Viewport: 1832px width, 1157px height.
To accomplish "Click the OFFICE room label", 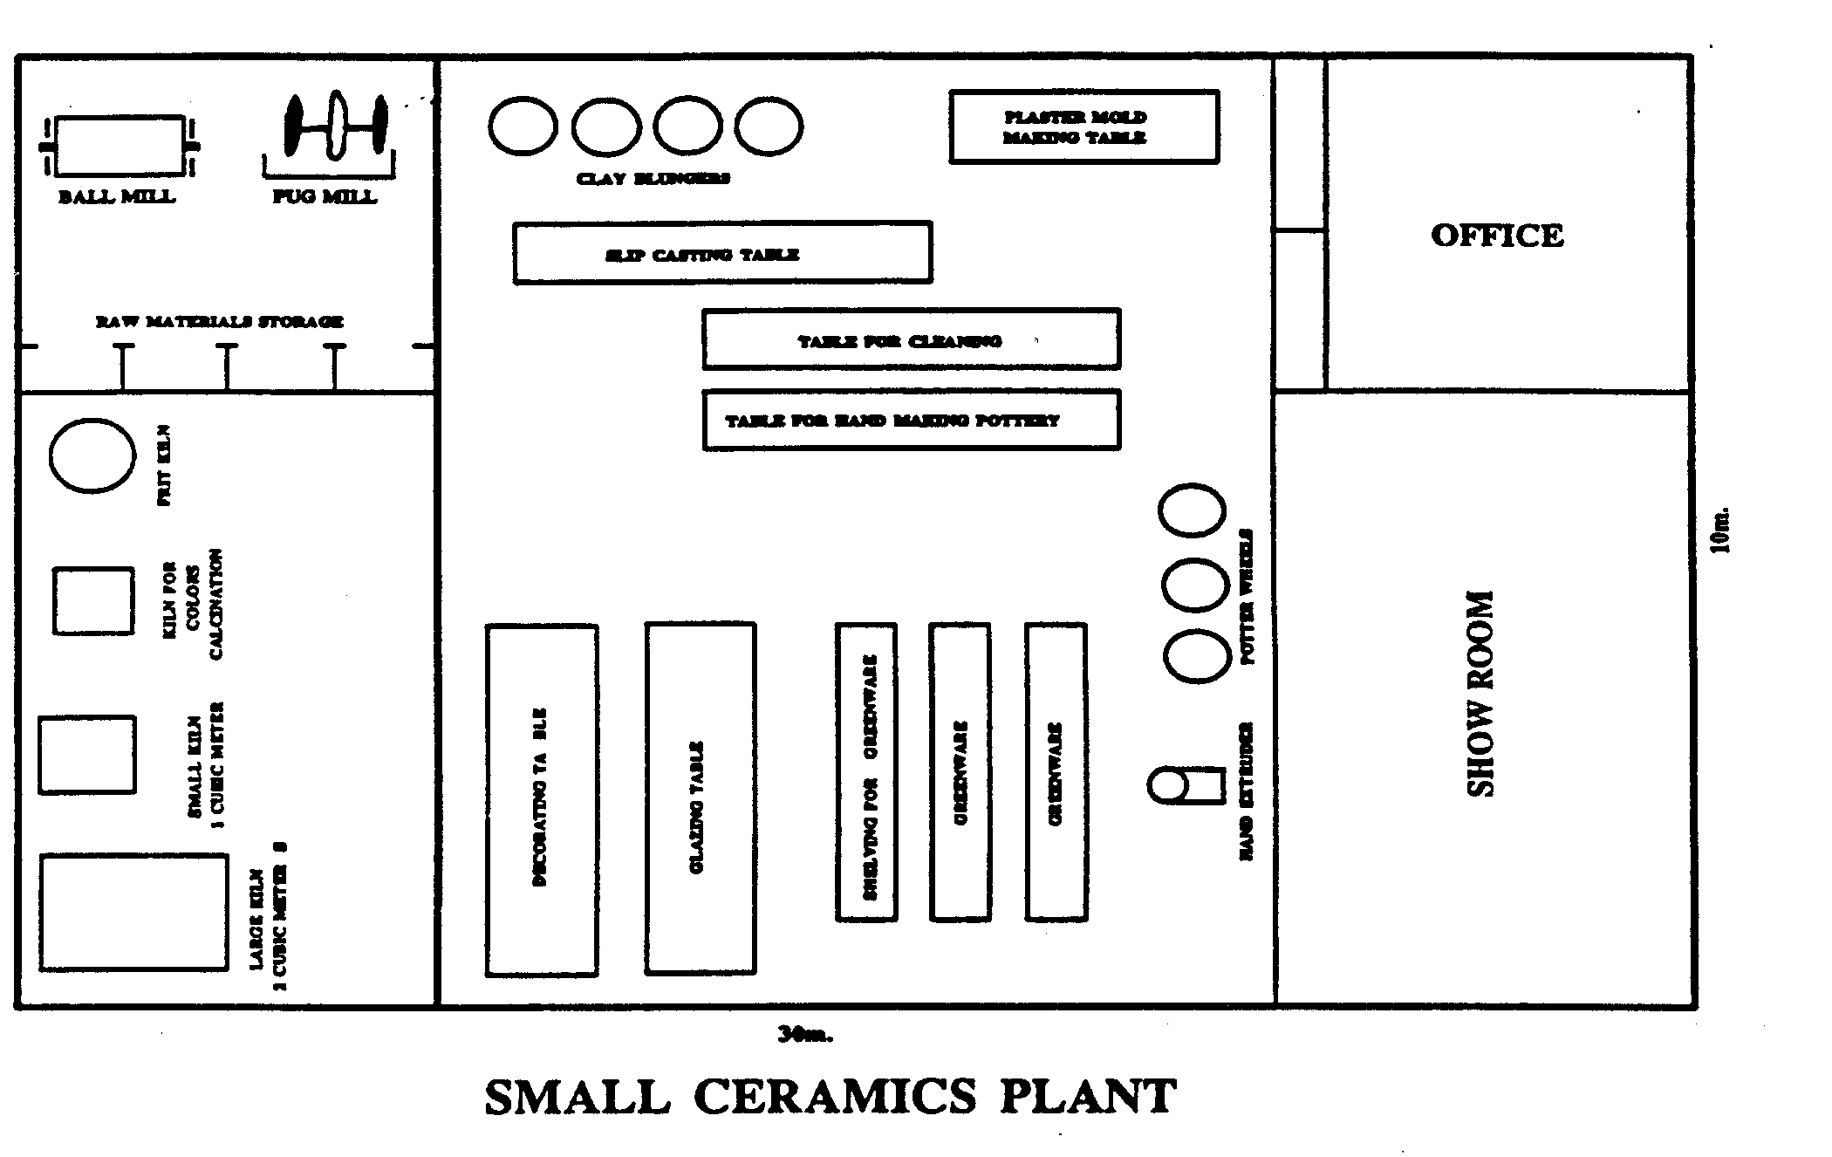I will tap(1497, 236).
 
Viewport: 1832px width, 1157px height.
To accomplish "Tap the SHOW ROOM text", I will tap(1480, 694).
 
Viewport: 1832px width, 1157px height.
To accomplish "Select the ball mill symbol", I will tap(119, 146).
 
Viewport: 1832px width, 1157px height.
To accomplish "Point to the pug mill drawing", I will tap(336, 128).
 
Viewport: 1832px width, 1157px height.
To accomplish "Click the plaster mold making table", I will tap(1083, 127).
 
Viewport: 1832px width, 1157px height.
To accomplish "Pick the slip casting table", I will tap(722, 253).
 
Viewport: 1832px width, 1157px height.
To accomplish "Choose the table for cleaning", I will tap(911, 339).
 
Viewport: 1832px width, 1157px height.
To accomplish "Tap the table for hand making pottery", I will tap(911, 421).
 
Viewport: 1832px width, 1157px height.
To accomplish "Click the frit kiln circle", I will tap(92, 455).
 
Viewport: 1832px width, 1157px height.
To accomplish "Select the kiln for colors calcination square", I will tap(93, 601).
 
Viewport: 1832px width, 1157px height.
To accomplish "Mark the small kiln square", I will tap(86, 755).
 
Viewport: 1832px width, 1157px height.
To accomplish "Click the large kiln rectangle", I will tap(133, 912).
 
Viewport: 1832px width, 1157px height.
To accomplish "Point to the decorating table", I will tap(542, 799).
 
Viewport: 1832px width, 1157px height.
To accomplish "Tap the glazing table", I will tap(701, 798).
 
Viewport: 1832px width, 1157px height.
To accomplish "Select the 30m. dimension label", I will tap(805, 1035).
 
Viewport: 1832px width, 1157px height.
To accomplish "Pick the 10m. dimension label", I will tap(1719, 530).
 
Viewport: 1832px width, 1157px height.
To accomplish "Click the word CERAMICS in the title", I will tap(835, 1097).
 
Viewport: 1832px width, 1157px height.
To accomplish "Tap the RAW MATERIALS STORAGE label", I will tap(219, 322).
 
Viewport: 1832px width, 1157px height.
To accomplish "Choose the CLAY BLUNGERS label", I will tap(653, 179).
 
